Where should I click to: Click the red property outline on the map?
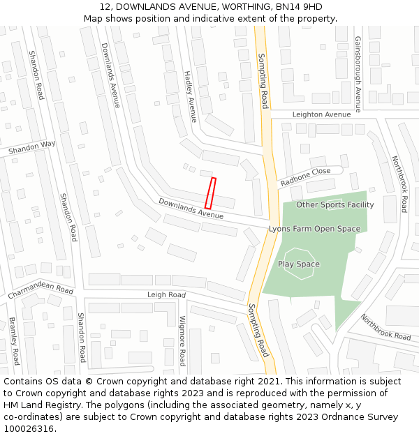[210, 193]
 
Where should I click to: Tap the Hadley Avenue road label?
[190, 96]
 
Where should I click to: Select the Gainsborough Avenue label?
[358, 74]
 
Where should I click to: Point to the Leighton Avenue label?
[321, 114]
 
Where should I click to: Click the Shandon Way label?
[31, 148]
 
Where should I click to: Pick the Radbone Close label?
[305, 176]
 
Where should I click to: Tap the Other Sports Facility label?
[335, 204]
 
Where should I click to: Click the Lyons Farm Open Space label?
[314, 229]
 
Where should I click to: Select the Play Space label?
[298, 264]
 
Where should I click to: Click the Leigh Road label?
[166, 295]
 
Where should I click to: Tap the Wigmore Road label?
[182, 340]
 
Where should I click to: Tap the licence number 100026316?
[29, 429]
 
